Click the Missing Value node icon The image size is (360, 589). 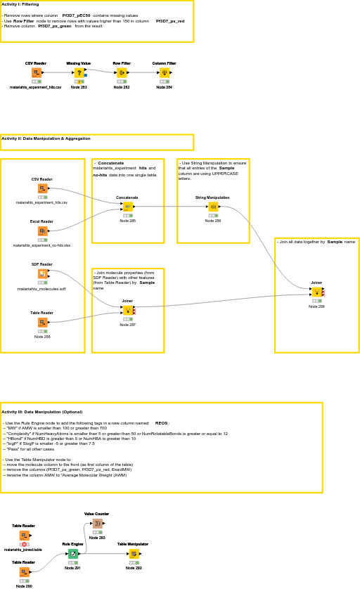point(79,72)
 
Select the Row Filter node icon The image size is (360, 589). point(122,72)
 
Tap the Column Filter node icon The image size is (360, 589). point(165,72)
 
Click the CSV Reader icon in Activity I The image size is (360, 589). point(36,72)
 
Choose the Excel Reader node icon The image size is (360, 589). point(42,231)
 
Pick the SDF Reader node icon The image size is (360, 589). point(42,273)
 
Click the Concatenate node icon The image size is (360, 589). point(128,207)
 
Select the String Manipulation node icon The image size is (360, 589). point(213,207)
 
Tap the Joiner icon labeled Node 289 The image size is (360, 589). point(316,292)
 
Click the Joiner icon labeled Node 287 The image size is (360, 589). point(127,310)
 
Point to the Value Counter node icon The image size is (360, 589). point(97,523)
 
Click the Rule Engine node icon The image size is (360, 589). point(73,554)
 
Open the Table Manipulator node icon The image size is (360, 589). point(134,554)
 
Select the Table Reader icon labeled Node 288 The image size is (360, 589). point(42,323)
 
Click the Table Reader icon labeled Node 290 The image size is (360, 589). point(24,572)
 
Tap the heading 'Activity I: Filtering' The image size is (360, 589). point(20,4)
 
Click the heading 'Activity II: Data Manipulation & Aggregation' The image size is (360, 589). point(46,138)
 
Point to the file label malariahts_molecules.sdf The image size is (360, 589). point(41,289)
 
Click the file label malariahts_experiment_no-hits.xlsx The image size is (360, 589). point(41,245)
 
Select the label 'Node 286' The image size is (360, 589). point(213,221)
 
